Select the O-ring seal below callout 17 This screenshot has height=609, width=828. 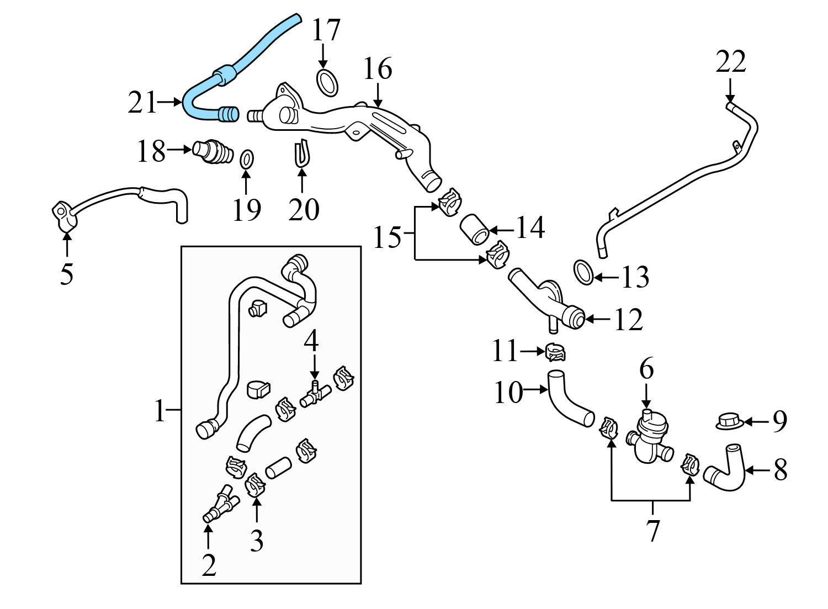pos(327,82)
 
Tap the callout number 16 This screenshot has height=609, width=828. pos(378,69)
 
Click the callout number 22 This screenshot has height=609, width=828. pos(730,62)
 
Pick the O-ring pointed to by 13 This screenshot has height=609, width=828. pos(584,272)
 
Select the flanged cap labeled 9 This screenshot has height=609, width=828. pos(730,421)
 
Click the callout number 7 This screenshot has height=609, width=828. pos(652,530)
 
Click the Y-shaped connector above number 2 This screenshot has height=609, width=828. pos(221,503)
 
